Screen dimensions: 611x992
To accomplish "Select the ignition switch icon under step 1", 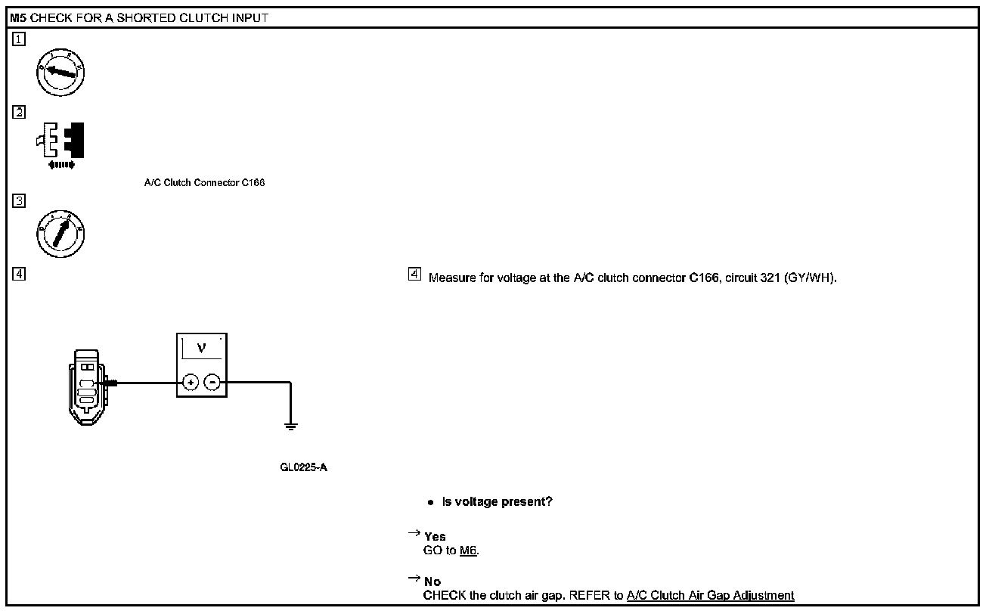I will tap(60, 73).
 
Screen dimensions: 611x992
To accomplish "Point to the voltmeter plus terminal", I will tap(191, 383).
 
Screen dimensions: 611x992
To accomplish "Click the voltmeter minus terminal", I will tap(212, 383).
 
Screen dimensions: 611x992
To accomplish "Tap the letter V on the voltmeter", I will tap(200, 348).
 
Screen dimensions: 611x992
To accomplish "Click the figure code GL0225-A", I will tap(303, 467).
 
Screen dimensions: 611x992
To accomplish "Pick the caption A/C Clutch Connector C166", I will tap(204, 183).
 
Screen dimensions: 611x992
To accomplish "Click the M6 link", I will tap(469, 550).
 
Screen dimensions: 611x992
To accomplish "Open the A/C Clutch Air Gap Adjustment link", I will tap(710, 595).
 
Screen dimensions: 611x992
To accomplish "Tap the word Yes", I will tap(435, 537).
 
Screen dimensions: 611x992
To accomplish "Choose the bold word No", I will tap(432, 582).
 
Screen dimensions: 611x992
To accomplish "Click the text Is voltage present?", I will tap(497, 501).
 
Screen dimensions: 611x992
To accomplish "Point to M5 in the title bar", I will tap(18, 17).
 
